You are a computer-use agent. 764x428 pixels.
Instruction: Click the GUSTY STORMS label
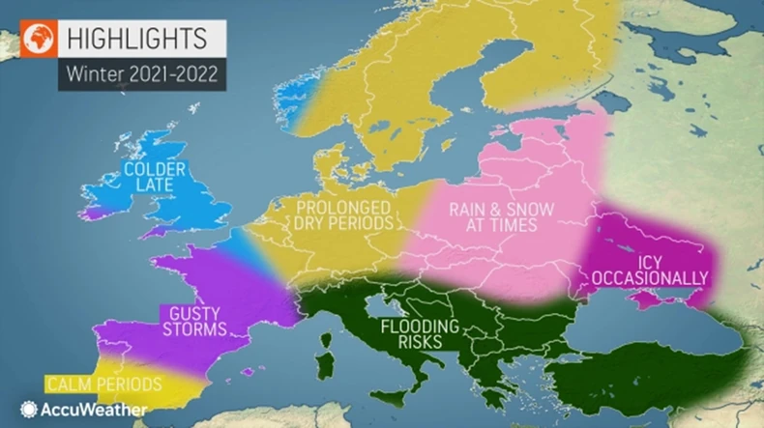194,321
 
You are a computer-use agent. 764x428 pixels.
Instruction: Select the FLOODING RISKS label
405,333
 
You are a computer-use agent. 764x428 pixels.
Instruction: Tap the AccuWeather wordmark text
94,410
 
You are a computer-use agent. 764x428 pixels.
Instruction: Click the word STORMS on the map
194,329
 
